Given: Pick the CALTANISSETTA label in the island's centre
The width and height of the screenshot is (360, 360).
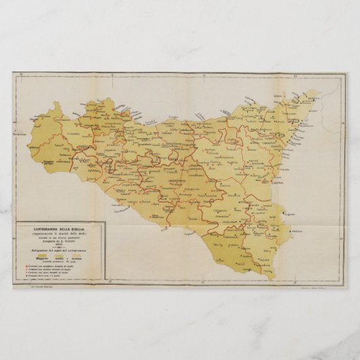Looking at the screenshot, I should (x=177, y=183).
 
